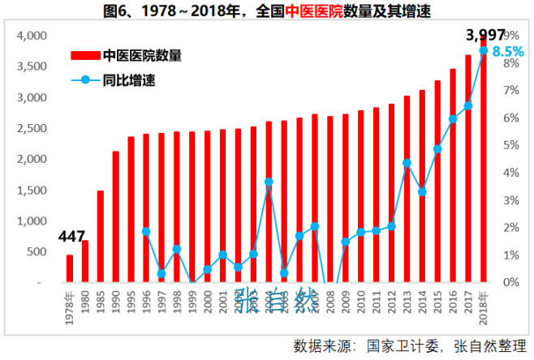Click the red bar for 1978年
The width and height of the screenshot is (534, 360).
[x=70, y=268]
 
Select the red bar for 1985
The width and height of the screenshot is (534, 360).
[x=101, y=236]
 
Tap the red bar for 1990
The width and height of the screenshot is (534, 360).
[x=116, y=216]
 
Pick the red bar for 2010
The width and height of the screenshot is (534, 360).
[x=361, y=196]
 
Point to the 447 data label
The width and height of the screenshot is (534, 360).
[x=71, y=237]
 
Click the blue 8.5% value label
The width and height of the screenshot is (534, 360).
[x=508, y=51]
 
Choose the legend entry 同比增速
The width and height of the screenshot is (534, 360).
[x=129, y=80]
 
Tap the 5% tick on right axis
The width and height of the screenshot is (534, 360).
[x=509, y=145]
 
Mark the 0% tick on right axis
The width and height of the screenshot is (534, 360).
[x=509, y=282]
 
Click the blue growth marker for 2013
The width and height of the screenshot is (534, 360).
[x=407, y=163]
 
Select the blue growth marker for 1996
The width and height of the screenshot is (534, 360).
[x=146, y=231]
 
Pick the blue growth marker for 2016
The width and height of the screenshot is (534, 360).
[x=453, y=119]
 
